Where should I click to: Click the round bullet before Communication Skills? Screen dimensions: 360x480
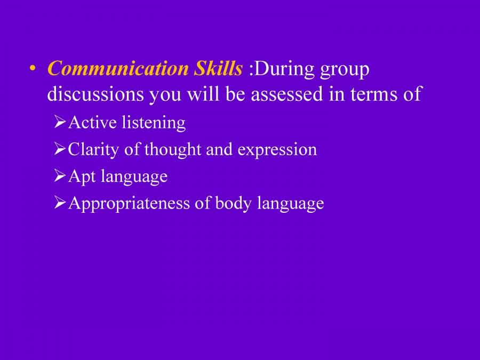point(33,70)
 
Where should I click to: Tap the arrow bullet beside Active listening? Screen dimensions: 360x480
point(60,123)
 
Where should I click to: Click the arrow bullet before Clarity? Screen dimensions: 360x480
point(60,150)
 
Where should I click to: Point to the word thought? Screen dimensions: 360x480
point(173,150)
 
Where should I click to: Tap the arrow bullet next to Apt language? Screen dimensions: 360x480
point(60,177)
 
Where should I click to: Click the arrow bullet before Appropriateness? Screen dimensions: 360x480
point(60,203)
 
